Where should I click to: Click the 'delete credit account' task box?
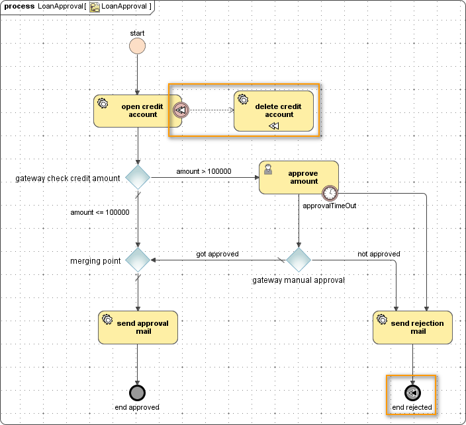(273, 110)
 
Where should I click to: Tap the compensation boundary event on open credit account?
(180, 110)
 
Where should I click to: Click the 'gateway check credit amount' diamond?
(138, 178)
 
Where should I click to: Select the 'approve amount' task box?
(298, 177)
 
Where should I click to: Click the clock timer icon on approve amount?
(330, 193)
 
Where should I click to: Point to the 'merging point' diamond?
(138, 260)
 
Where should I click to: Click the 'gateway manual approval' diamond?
(299, 260)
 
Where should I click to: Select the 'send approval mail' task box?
(138, 327)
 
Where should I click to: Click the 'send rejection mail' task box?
(412, 327)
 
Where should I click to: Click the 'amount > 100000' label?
(203, 171)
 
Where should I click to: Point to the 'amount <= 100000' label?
(100, 212)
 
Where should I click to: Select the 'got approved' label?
(217, 254)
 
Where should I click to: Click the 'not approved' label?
(379, 254)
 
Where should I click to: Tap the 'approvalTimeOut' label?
(330, 206)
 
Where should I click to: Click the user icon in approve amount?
(268, 169)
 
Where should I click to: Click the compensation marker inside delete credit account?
(274, 126)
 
